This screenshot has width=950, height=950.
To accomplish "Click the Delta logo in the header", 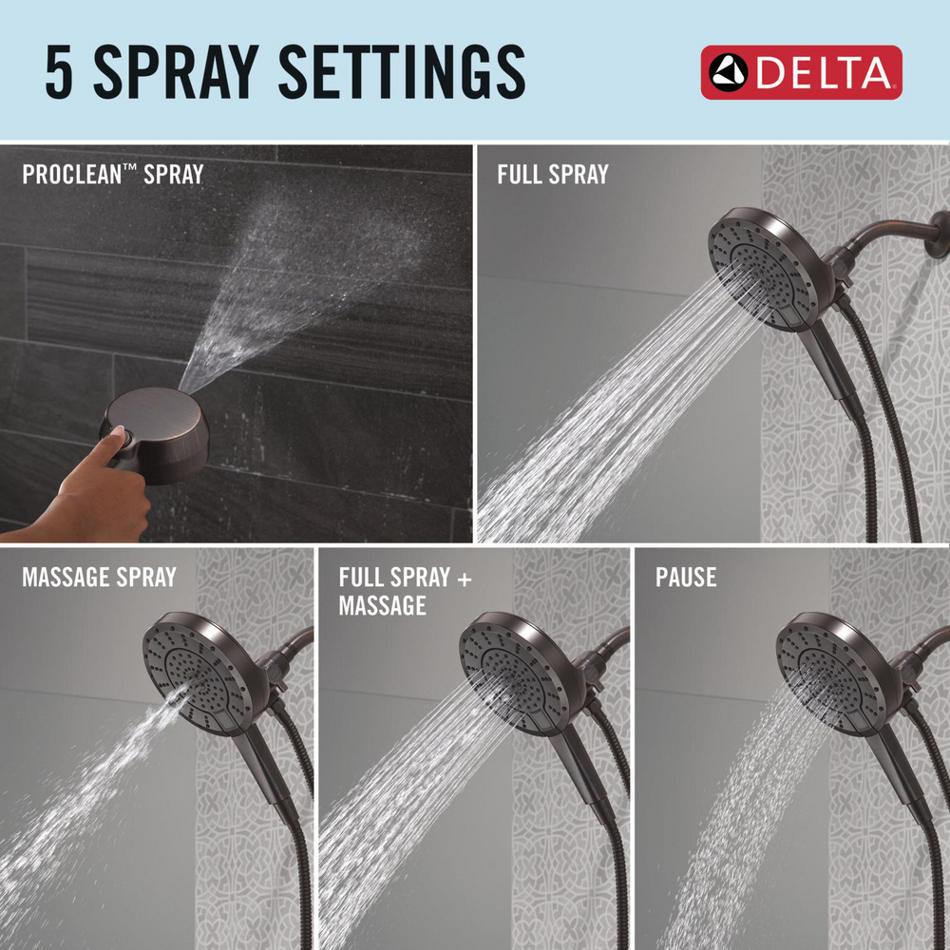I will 801,72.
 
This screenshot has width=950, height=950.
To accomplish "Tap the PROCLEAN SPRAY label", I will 112,175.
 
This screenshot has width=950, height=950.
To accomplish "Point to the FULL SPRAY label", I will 552,175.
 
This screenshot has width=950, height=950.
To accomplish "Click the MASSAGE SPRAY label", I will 99,577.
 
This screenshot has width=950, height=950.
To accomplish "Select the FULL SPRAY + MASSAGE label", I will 405,591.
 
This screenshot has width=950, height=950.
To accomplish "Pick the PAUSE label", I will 685,577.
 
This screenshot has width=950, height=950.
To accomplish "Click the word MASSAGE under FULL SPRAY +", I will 383,605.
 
